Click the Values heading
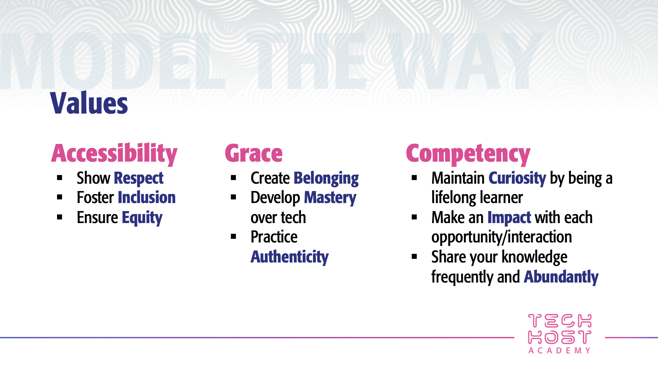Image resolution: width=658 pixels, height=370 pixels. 89,104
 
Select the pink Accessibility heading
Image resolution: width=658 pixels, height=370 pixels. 114,154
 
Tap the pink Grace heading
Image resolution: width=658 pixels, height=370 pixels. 254,154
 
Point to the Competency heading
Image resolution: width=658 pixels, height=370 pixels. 468,154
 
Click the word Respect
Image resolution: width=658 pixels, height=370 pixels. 139,178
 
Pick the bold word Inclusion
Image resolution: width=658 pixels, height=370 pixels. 147,197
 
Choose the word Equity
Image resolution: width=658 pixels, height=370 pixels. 142,218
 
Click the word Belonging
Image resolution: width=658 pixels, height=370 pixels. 326,179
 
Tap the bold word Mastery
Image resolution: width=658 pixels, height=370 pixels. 330,198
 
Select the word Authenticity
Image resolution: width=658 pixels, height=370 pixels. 290,257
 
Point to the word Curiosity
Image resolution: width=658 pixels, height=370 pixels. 517,178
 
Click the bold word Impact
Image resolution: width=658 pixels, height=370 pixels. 509,218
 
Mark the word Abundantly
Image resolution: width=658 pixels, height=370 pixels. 561,277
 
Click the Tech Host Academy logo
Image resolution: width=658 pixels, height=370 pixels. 560,333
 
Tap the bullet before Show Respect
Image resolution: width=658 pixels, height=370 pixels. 60,178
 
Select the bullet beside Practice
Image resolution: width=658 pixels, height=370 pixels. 234,237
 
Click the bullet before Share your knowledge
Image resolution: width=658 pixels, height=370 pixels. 414,257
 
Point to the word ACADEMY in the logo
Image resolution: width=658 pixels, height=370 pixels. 560,351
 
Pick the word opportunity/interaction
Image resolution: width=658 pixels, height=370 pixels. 502,237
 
